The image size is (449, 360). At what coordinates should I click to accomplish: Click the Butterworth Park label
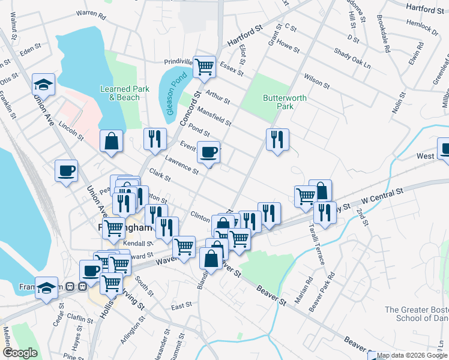pyautogui.click(x=285, y=102)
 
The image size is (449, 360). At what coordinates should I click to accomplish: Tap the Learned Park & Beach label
pyautogui.click(x=124, y=93)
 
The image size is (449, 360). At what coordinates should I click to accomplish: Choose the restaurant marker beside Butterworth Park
pyautogui.click(x=277, y=139)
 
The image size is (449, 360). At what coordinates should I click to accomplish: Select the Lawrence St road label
pyautogui.click(x=182, y=164)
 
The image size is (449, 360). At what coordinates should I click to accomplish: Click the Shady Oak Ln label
pyautogui.click(x=352, y=58)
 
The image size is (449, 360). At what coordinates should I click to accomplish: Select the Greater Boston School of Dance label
pyautogui.click(x=416, y=315)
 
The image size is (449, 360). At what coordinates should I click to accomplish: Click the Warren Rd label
pyautogui.click(x=91, y=13)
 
